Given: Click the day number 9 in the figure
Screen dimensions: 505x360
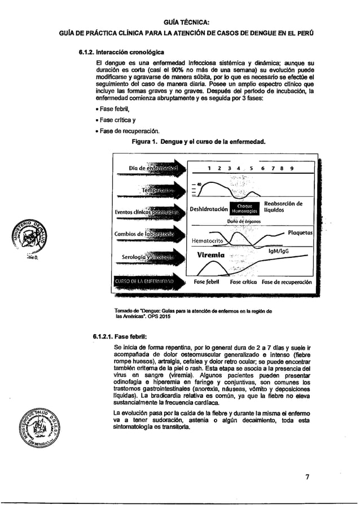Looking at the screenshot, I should pos(291,168).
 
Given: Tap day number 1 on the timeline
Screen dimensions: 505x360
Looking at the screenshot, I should pos(210,168).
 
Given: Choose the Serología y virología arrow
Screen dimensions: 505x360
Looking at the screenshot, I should pos(149,257).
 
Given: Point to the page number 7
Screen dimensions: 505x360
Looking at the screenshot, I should pos(307,477).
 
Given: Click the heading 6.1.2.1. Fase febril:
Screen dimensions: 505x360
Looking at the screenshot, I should pos(115,337).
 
